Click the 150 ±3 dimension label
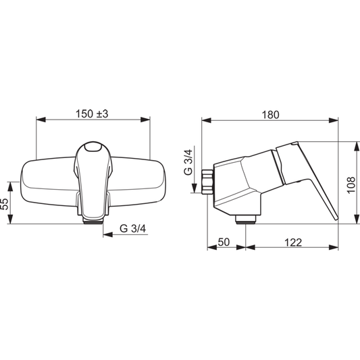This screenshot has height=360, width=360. point(92,114)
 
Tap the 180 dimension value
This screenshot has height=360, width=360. point(271,115)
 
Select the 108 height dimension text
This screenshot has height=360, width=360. point(351,185)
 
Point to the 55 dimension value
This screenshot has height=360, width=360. point(5,204)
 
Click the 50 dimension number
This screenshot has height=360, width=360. point(224,242)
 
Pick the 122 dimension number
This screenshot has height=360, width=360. point(293,242)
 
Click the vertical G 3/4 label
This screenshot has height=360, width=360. point(188,162)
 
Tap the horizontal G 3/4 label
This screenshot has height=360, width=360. point(132,229)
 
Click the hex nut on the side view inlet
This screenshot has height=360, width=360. point(207,182)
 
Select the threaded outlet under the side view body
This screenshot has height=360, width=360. point(246,220)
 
